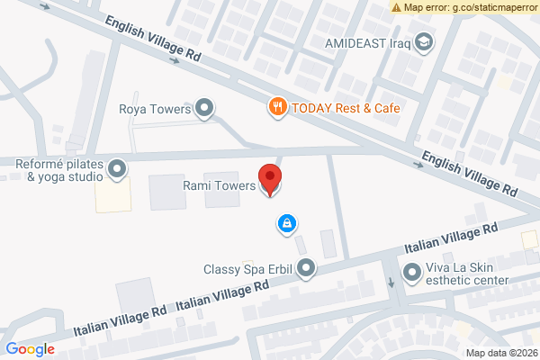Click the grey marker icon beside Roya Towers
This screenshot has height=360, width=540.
coord(205,110)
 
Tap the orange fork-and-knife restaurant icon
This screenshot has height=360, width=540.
coord(278,107)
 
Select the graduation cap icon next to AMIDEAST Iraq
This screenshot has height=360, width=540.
coord(423,42)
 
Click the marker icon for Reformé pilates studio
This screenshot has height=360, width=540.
coord(117,168)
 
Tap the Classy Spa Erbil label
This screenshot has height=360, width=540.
coord(249,268)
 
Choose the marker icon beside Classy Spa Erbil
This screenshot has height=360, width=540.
coord(307,268)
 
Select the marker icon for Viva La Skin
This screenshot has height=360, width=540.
coord(412,271)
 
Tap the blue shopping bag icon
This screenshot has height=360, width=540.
coord(286,222)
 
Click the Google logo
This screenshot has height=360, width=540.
coord(30,349)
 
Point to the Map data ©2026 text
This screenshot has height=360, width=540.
coord(501,352)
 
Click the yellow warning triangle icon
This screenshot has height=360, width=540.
coord(397,7)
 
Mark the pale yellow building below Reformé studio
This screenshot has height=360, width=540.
coord(112,194)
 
